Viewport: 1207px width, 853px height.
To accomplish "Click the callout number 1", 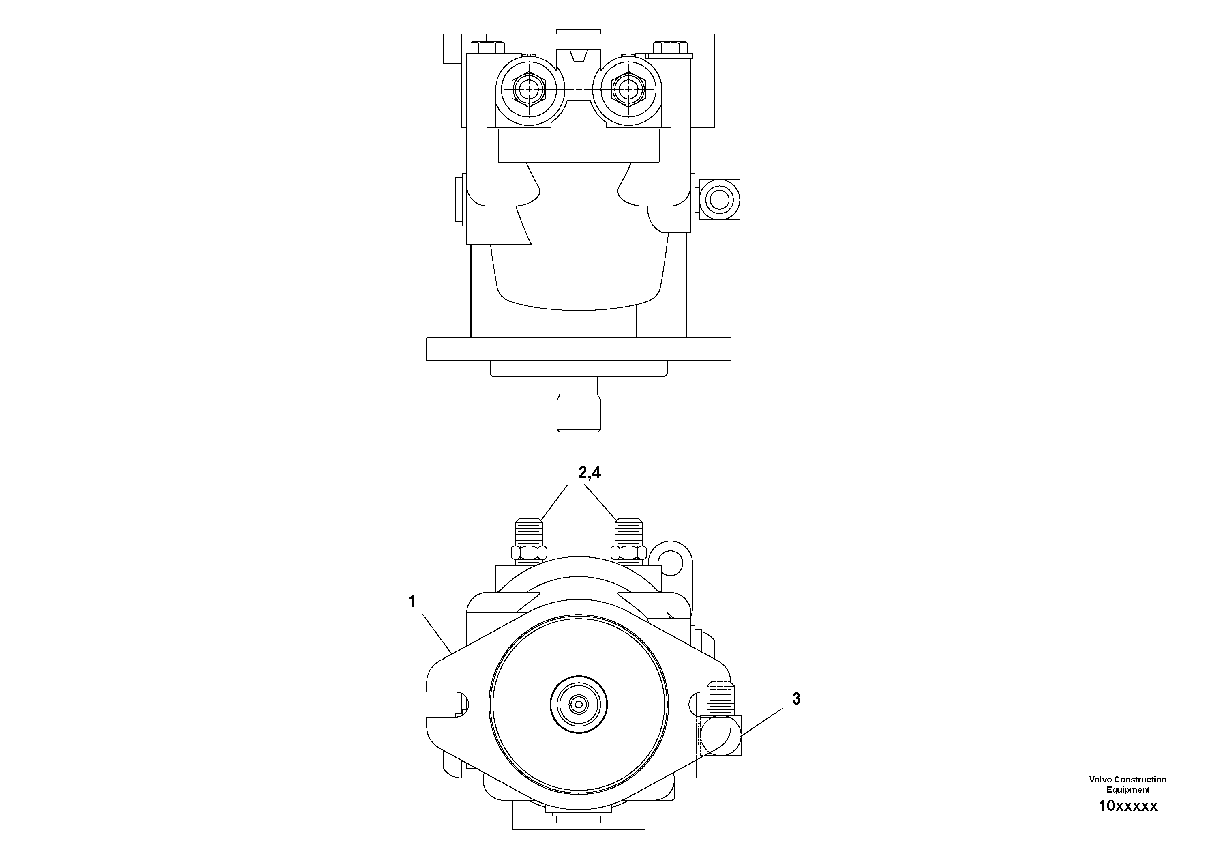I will pyautogui.click(x=412, y=602).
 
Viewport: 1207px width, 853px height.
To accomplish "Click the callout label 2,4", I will pyautogui.click(x=589, y=473).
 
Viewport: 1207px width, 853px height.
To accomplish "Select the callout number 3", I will pyautogui.click(x=796, y=699).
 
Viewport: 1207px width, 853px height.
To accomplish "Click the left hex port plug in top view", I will pyautogui.click(x=528, y=90).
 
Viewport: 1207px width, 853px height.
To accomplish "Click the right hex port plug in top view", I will pyautogui.click(x=629, y=90).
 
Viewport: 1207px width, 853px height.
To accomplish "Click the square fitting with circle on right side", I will pyautogui.click(x=718, y=200).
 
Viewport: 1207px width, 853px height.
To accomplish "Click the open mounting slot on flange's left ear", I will pyautogui.click(x=447, y=704).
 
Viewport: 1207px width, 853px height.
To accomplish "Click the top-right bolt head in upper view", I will pyautogui.click(x=670, y=47).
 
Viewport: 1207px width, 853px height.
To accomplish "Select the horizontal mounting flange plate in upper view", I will pyautogui.click(x=578, y=349).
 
